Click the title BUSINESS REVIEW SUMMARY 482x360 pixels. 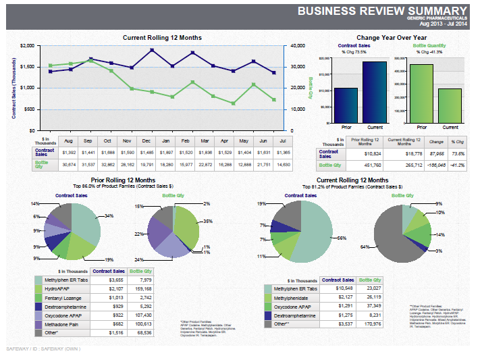(382, 10)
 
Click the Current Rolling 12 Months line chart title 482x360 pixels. (162, 38)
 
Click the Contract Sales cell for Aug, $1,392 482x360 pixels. (68, 153)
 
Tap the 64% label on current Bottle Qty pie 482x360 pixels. (365, 247)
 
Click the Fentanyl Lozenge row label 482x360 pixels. (63, 297)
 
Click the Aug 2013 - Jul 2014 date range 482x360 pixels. (443, 24)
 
